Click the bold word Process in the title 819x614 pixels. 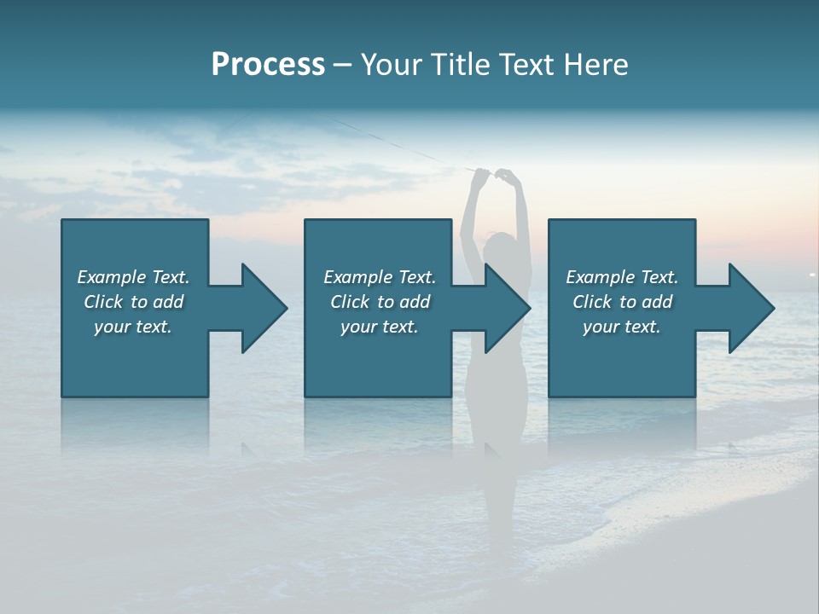[x=268, y=65]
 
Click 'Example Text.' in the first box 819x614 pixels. [x=133, y=277]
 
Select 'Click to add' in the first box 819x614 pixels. [x=133, y=302]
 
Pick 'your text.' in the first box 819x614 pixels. [x=133, y=327]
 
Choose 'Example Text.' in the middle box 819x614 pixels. [x=379, y=277]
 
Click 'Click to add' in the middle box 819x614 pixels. [x=379, y=302]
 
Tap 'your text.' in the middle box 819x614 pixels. [x=379, y=327]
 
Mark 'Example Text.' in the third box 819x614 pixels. [x=622, y=277]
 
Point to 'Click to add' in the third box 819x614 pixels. [x=622, y=302]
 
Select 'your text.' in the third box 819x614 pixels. [x=622, y=327]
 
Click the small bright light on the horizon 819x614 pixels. [x=811, y=274]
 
